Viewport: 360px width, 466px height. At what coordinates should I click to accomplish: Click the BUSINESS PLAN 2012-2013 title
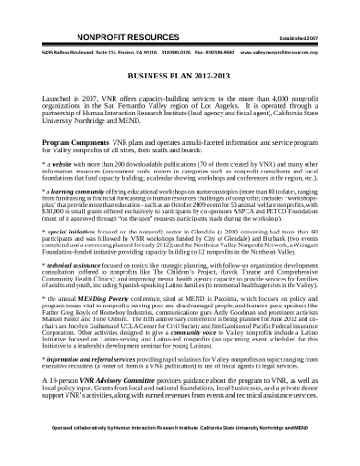tap(179, 78)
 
